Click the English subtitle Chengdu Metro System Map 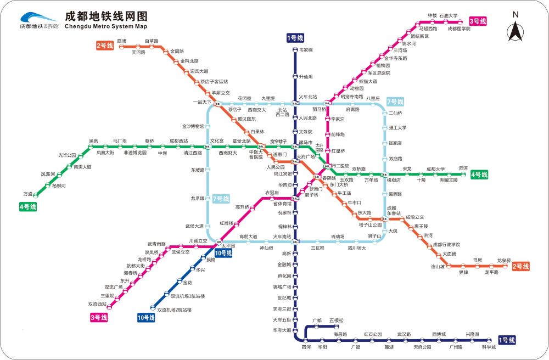pyautogui.click(x=106, y=26)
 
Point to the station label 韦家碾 pyautogui.click(x=306, y=50)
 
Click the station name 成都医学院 pyautogui.click(x=459, y=29)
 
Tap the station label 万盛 pyautogui.click(x=28, y=194)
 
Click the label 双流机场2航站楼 pyautogui.click(x=175, y=310)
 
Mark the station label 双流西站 pyautogui.click(x=98, y=303)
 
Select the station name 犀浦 pyautogui.click(x=122, y=41)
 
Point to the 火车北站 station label pyautogui.click(x=308, y=97)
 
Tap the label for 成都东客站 pyautogui.click(x=394, y=211)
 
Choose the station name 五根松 pyautogui.click(x=337, y=320)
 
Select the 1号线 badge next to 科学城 pyautogui.click(x=507, y=340)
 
